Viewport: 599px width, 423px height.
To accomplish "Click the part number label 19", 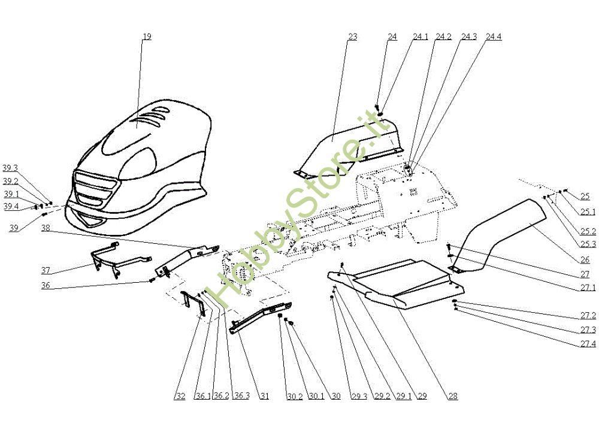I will (x=147, y=37).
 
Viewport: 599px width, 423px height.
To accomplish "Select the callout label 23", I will (x=352, y=37).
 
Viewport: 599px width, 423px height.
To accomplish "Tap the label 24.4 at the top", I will (x=494, y=37).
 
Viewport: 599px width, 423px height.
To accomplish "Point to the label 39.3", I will (x=10, y=168).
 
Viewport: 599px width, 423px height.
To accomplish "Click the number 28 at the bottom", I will (x=452, y=396).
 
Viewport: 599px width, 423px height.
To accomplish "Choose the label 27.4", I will (x=588, y=343).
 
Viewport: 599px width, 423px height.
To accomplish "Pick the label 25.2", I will (x=588, y=231).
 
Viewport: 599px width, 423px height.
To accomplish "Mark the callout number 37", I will (x=46, y=270).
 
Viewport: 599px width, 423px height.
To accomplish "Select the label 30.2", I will (x=294, y=396).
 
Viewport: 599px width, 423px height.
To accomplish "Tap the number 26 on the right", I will (x=585, y=259).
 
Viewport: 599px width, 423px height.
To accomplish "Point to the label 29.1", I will (x=401, y=396).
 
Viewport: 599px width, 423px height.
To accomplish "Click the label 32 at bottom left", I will (x=180, y=396).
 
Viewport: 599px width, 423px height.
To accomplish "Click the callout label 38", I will (x=46, y=228).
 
